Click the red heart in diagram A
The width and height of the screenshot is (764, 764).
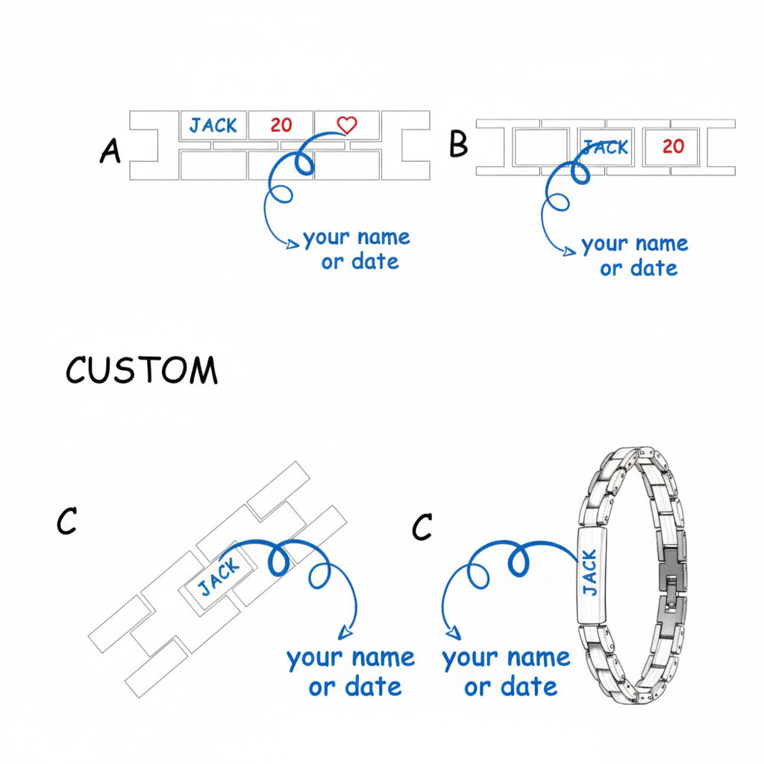tap(346, 125)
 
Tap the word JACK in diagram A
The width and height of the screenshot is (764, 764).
tap(213, 125)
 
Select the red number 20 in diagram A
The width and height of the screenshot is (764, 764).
tap(281, 125)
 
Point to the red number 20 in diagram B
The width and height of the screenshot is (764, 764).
tap(673, 146)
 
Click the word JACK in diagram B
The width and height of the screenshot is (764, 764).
tap(606, 148)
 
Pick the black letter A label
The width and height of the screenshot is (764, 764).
tap(110, 151)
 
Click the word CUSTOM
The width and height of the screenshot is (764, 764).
tap(142, 371)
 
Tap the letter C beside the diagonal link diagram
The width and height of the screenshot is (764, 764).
tap(66, 522)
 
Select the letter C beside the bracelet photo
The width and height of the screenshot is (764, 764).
tap(422, 527)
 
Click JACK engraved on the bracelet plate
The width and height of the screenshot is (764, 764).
tap(589, 572)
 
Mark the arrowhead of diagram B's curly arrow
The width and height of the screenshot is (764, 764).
tap(571, 251)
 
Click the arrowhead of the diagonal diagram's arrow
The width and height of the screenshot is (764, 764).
tap(344, 633)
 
